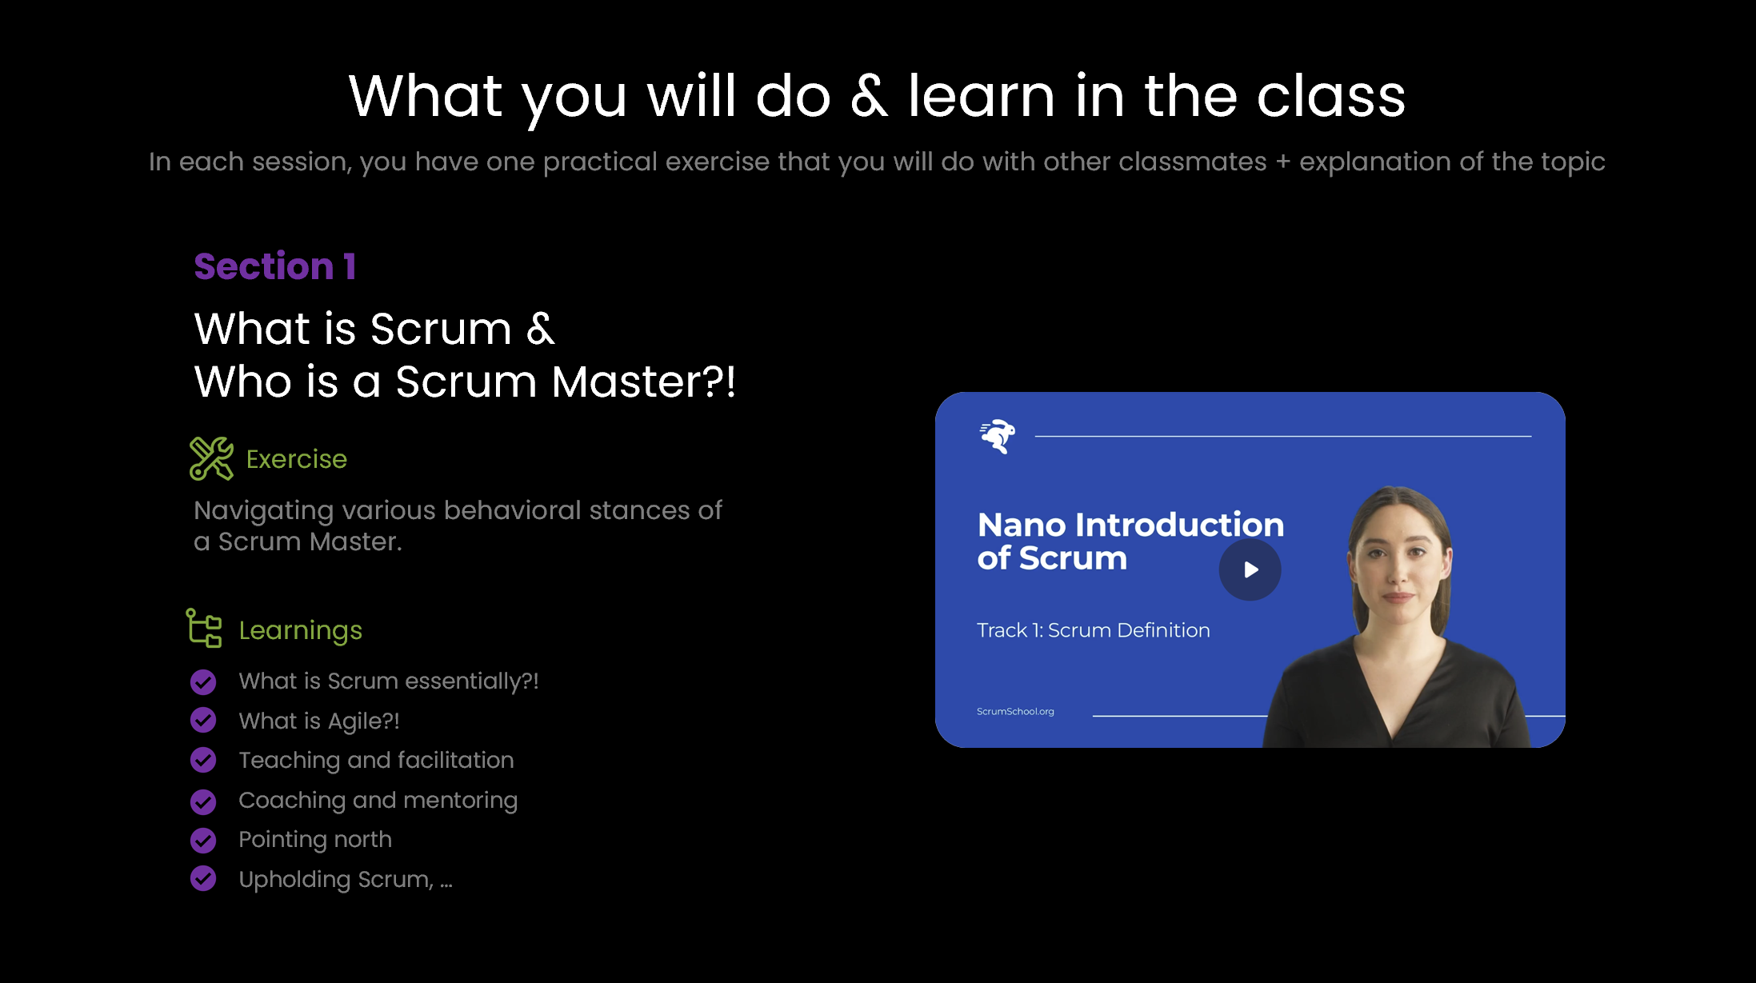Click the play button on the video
pyautogui.click(x=1250, y=569)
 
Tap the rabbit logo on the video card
pyautogui.click(x=998, y=436)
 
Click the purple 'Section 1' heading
pyautogui.click(x=274, y=266)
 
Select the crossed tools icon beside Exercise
pyautogui.click(x=211, y=458)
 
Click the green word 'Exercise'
pyautogui.click(x=296, y=459)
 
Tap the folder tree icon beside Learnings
pyautogui.click(x=204, y=628)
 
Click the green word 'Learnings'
pyautogui.click(x=300, y=631)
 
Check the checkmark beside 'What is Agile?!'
pyautogui.click(x=203, y=721)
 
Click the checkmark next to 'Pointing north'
pyautogui.click(x=203, y=840)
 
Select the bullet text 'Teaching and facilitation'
pyautogui.click(x=376, y=761)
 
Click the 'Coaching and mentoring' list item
pyautogui.click(x=378, y=801)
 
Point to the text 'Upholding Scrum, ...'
pyautogui.click(x=346, y=880)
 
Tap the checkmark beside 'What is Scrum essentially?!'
pyautogui.click(x=203, y=682)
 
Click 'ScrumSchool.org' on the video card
pyautogui.click(x=1015, y=711)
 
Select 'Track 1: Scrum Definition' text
pyautogui.click(x=1093, y=630)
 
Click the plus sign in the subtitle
pyautogui.click(x=1283, y=162)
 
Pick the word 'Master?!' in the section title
pyautogui.click(x=643, y=382)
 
